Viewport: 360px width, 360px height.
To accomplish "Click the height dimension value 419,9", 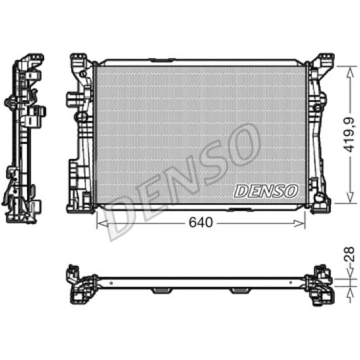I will pyautogui.click(x=348, y=134).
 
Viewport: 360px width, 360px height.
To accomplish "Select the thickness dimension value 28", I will pyautogui.click(x=348, y=256).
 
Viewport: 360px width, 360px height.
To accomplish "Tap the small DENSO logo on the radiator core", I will pyautogui.click(x=265, y=192).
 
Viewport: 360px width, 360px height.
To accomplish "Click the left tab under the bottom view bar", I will pyautogui.click(x=162, y=290).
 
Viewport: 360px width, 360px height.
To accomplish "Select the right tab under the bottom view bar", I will pyautogui.click(x=240, y=290).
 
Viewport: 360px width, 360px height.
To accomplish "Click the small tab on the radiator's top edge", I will pyautogui.click(x=161, y=62).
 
